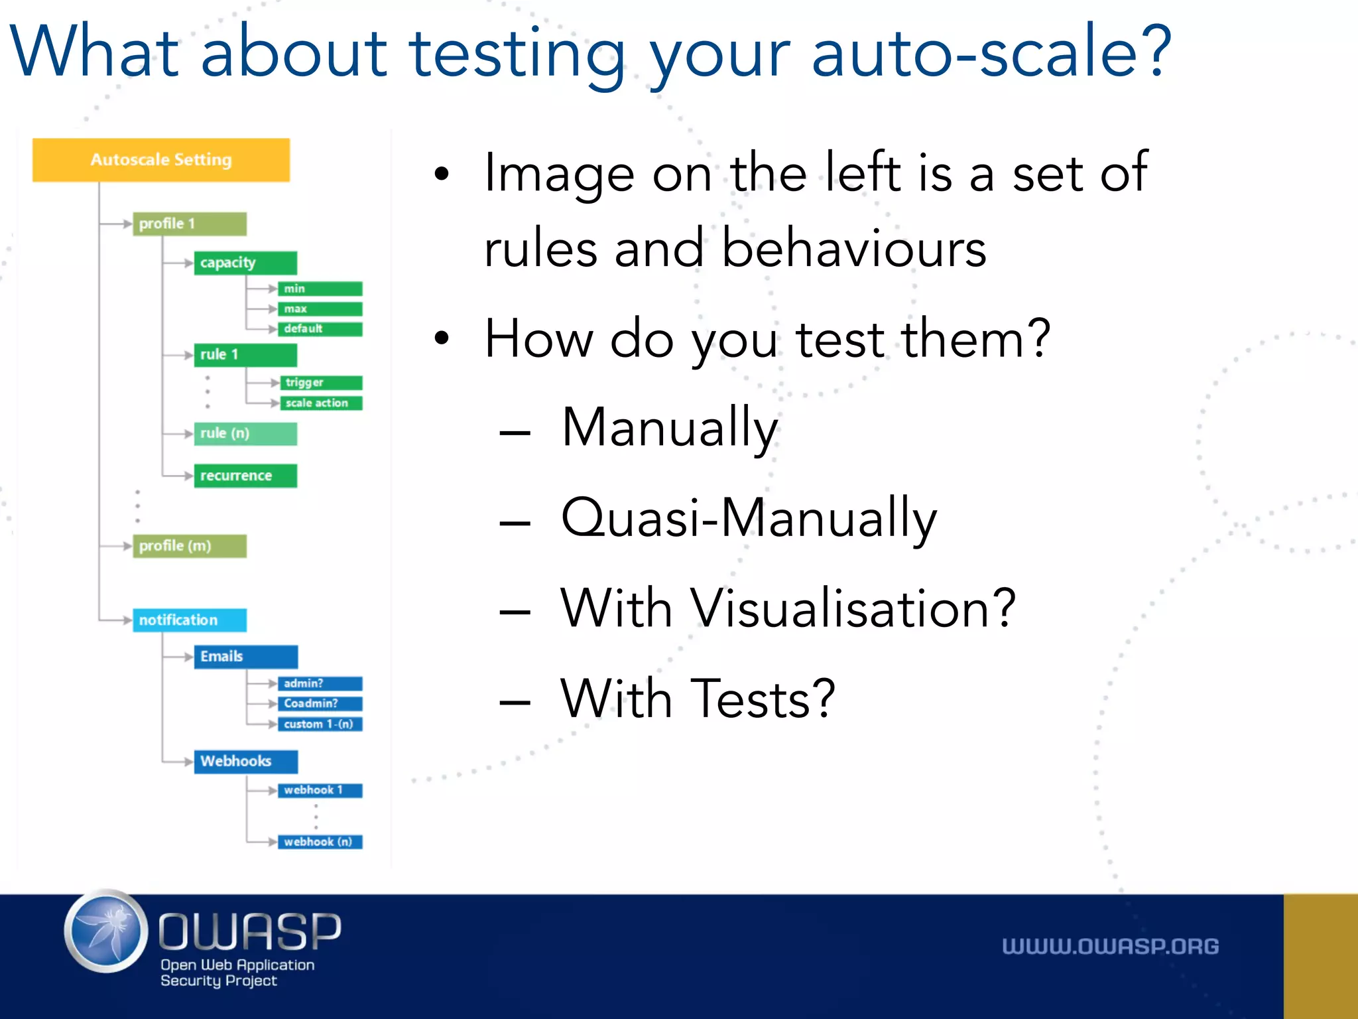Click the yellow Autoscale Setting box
pyautogui.click(x=161, y=160)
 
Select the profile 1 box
pyautogui.click(x=190, y=224)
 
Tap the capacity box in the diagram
pyautogui.click(x=245, y=263)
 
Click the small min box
pyautogui.click(x=320, y=289)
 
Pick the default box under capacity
pyautogui.click(x=320, y=329)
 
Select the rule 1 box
pyautogui.click(x=245, y=355)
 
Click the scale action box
pyautogui.click(x=321, y=403)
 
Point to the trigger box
pyautogui.click(x=321, y=383)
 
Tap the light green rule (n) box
pyautogui.click(x=245, y=434)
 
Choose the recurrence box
pyautogui.click(x=245, y=476)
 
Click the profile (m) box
pyautogui.click(x=190, y=546)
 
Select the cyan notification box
pyautogui.click(x=190, y=620)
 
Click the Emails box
pyautogui.click(x=245, y=657)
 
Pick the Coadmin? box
pyautogui.click(x=320, y=703)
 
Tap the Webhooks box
pyautogui.click(x=245, y=762)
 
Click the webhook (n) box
pyautogui.click(x=320, y=842)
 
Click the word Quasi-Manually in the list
pyautogui.click(x=749, y=519)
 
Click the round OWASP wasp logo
pyautogui.click(x=106, y=931)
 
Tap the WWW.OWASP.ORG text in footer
pyautogui.click(x=1110, y=947)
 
